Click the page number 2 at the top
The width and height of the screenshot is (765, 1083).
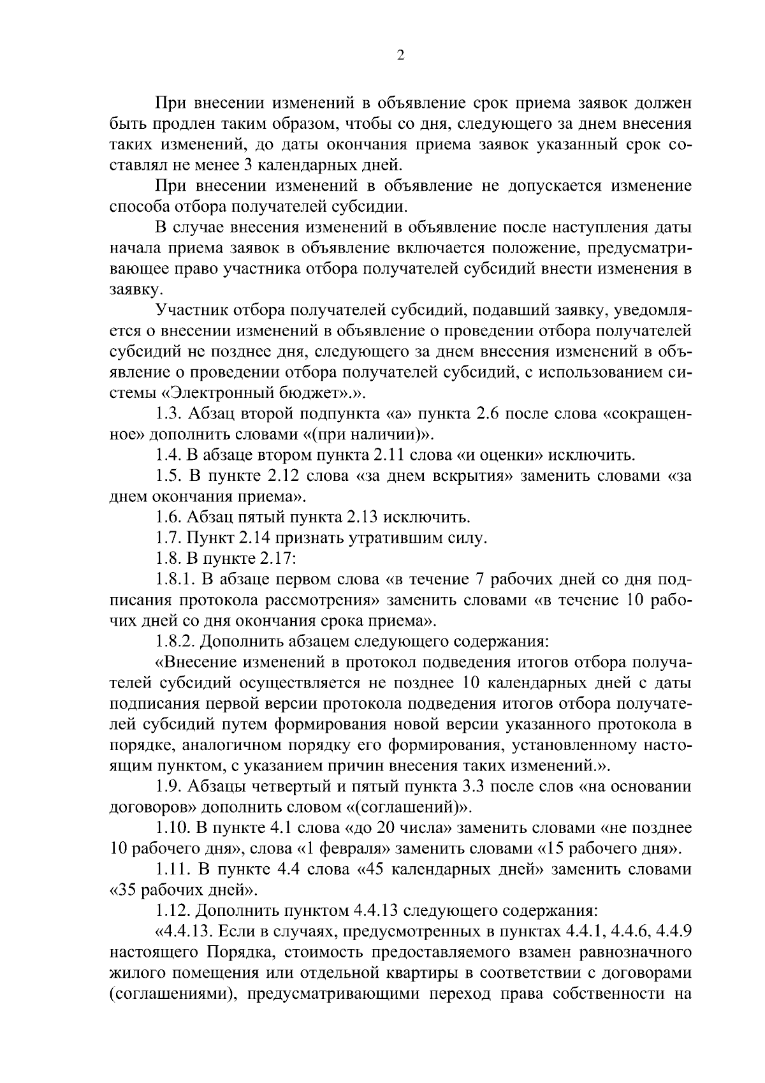[400, 55]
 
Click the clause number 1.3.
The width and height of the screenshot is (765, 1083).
[168, 414]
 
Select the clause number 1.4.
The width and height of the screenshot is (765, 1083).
[168, 455]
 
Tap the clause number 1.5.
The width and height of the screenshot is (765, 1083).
[168, 476]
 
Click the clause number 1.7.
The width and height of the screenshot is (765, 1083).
[168, 538]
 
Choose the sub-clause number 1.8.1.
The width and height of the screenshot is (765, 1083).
[174, 579]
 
